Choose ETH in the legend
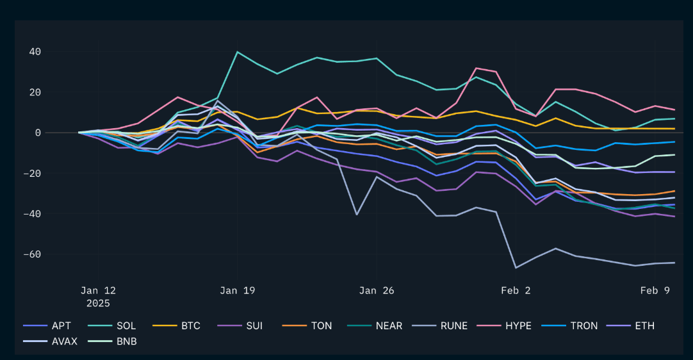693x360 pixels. click(645, 325)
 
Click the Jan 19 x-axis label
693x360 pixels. click(238, 290)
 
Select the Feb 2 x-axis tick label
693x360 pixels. click(516, 290)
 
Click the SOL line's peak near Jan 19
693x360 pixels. click(238, 52)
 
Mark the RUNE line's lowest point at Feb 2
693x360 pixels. click(516, 268)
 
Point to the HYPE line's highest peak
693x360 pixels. click(476, 68)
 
